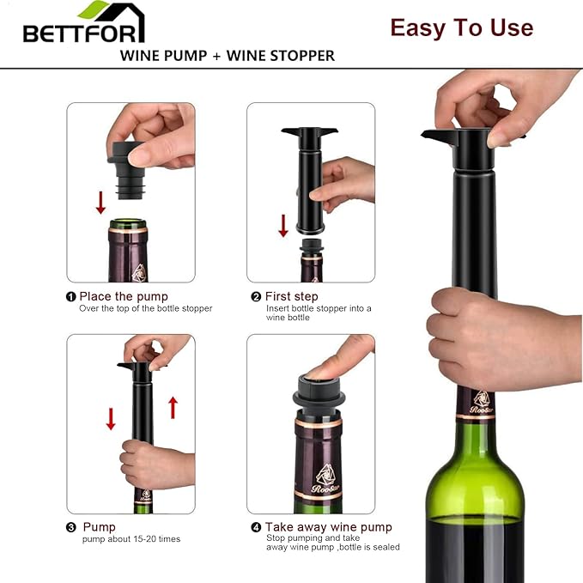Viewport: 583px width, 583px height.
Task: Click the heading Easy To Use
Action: point(461,27)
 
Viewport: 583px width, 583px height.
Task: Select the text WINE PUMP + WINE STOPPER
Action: point(227,56)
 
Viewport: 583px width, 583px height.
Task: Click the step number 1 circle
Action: point(71,296)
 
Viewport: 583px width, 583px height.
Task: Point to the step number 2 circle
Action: point(256,296)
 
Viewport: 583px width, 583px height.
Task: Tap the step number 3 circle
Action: point(71,527)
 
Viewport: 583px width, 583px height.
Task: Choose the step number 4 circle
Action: point(256,527)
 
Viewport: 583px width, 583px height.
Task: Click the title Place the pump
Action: point(124,296)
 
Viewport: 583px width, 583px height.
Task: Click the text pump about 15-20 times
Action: point(130,539)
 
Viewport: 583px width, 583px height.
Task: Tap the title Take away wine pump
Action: point(328,527)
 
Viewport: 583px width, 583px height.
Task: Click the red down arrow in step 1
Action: point(100,203)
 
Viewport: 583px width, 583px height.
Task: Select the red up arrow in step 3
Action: point(173,407)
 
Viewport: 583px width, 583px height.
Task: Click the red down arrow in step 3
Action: point(111,418)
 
